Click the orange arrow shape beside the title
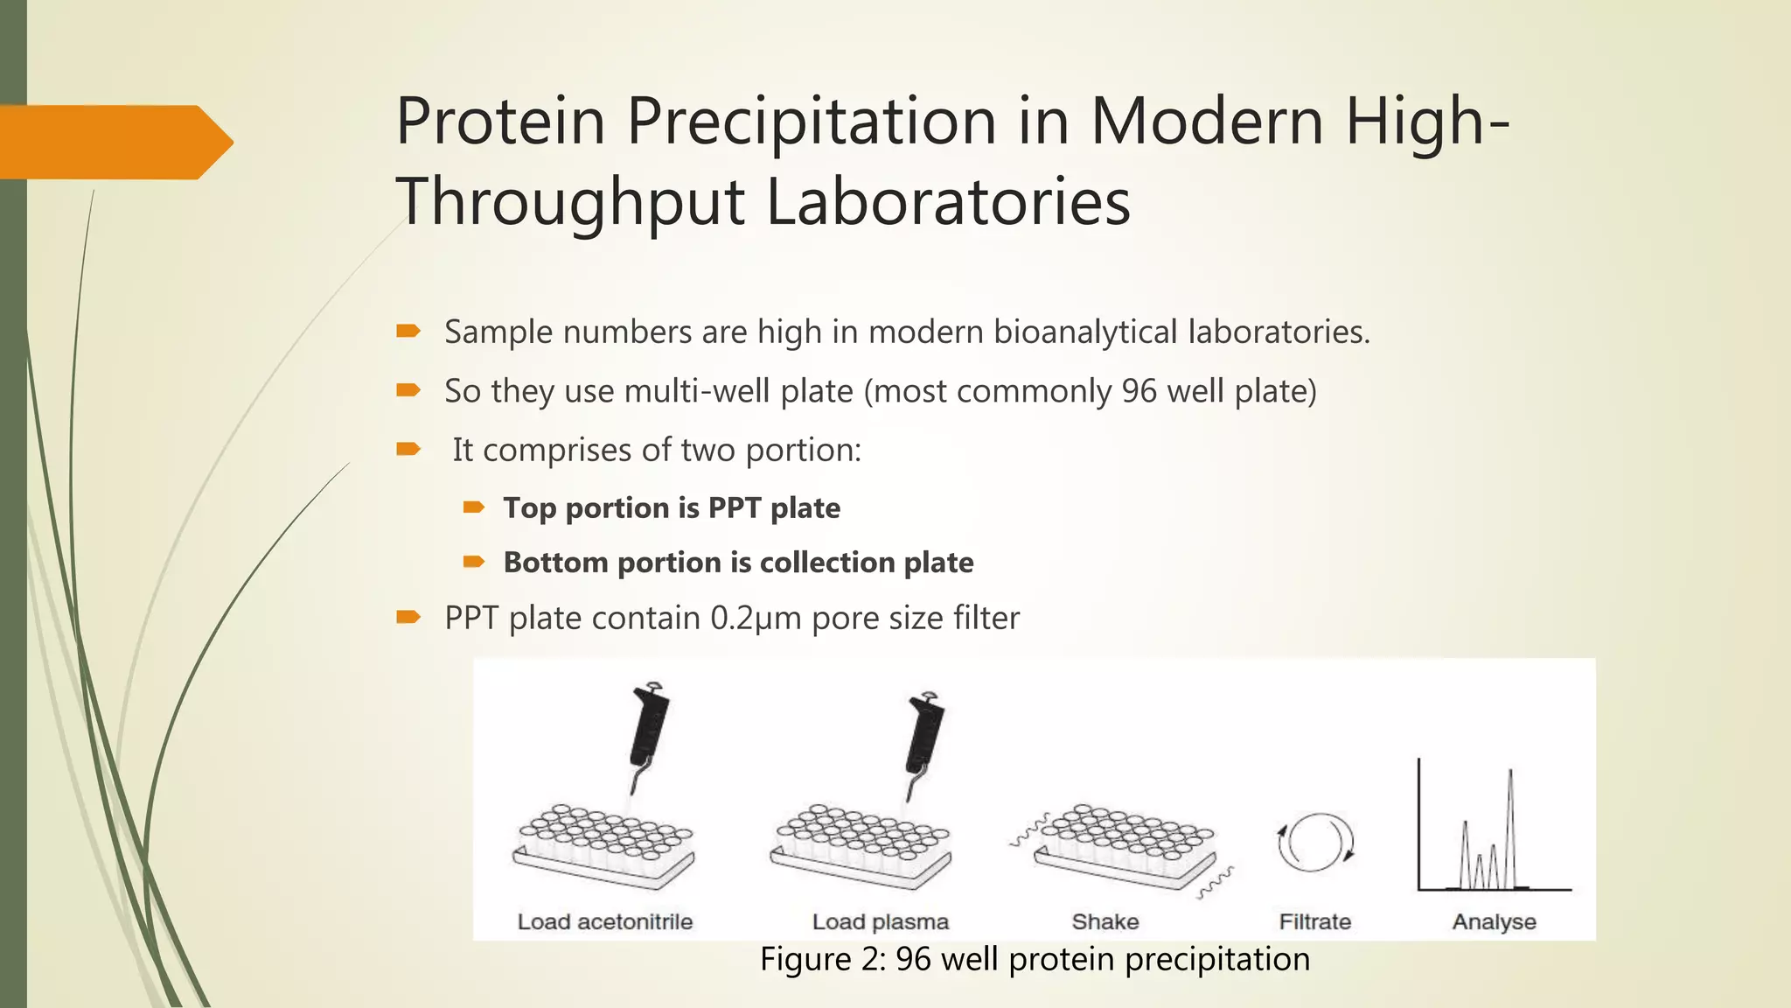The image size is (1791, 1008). (x=114, y=143)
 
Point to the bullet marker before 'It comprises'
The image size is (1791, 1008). (x=408, y=450)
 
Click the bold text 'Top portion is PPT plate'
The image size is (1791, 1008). (x=671, y=508)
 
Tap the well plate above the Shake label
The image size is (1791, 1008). (x=1125, y=844)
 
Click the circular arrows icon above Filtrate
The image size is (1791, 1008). (x=1315, y=843)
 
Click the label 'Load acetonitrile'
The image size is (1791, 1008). (x=604, y=922)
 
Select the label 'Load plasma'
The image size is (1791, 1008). (x=880, y=922)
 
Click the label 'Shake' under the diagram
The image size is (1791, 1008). (x=1105, y=922)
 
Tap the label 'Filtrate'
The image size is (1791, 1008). (x=1314, y=922)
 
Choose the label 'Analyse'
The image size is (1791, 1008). (x=1494, y=922)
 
